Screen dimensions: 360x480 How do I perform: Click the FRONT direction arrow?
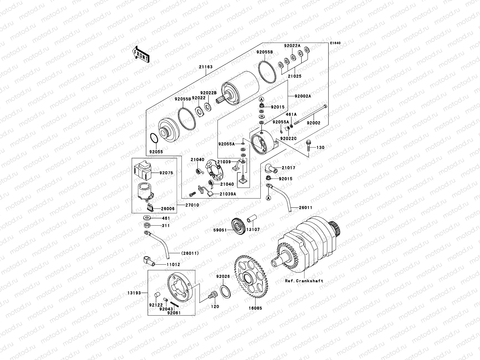pos(141,54)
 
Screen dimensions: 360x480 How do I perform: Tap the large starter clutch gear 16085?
pos(251,277)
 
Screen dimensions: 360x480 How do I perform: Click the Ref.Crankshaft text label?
pos(304,281)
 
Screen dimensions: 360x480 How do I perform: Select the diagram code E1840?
pos(336,43)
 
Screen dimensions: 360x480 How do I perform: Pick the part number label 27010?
pos(192,205)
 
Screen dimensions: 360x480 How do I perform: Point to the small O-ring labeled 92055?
pos(154,139)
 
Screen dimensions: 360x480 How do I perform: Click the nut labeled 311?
pos(147,225)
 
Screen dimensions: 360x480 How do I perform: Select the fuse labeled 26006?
pos(151,207)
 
